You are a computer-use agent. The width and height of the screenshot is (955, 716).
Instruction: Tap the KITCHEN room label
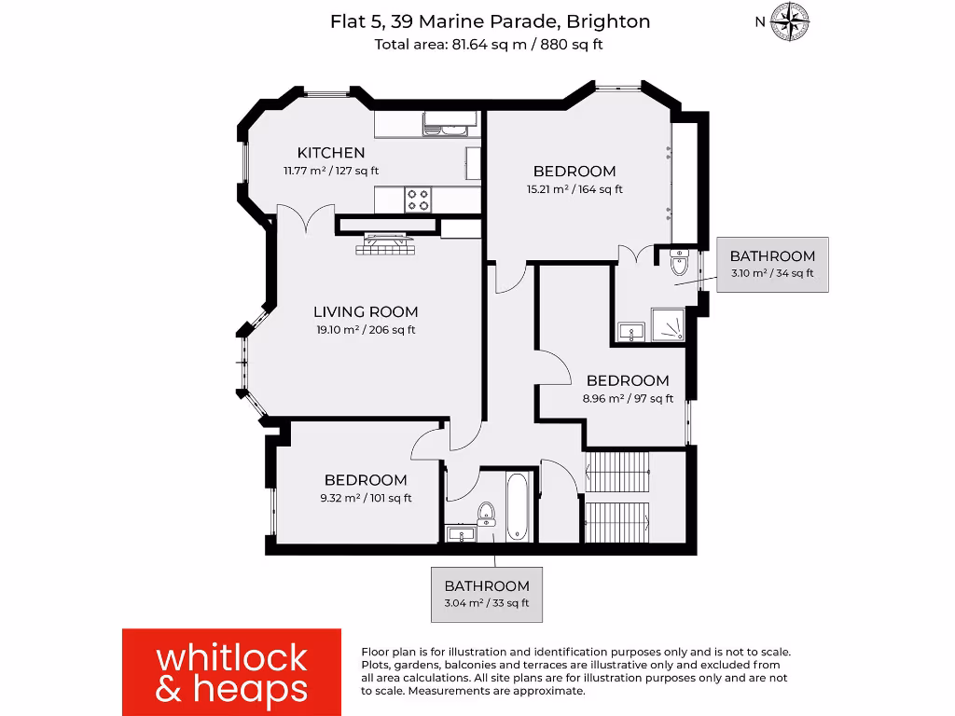tap(330, 153)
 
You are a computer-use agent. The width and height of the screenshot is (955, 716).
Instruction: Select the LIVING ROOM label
tap(365, 312)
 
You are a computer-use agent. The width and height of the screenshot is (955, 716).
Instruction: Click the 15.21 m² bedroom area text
tap(574, 189)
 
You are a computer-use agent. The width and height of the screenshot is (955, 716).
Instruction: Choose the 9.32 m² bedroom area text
tap(366, 498)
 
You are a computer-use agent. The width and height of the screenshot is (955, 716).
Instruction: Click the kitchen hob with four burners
tap(418, 199)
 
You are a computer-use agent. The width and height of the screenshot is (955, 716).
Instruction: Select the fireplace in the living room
tap(385, 244)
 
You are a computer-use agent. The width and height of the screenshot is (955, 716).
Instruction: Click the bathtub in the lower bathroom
tap(519, 506)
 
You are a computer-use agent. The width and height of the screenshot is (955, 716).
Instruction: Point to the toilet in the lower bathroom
tap(486, 514)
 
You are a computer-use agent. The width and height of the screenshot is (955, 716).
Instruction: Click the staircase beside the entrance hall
tap(616, 496)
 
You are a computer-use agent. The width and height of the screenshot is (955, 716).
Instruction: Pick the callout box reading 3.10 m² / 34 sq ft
tap(771, 265)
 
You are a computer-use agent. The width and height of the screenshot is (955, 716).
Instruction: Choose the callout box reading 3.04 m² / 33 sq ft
tap(486, 594)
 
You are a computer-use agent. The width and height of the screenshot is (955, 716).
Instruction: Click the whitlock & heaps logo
tap(231, 671)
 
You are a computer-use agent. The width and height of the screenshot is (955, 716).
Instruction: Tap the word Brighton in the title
tap(607, 21)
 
